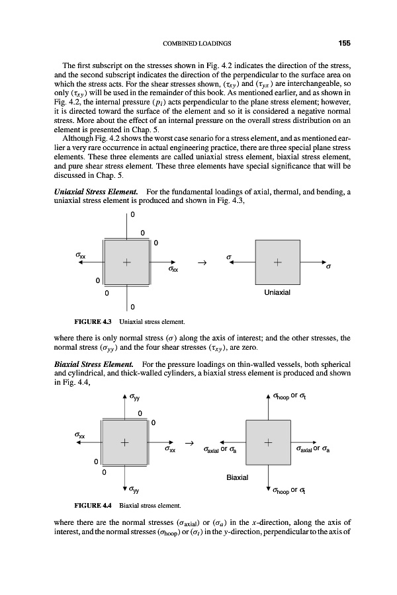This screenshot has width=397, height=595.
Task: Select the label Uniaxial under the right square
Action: [x=277, y=290]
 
